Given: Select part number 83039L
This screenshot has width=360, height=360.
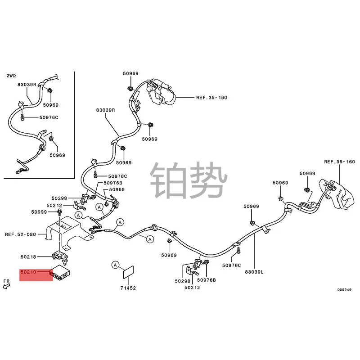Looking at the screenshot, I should coord(254,272).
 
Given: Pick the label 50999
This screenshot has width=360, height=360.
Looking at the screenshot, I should coord(39,212).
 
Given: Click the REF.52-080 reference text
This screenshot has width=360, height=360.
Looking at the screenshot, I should coord(21,234).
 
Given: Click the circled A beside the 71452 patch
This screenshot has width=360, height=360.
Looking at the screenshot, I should coord(116,265).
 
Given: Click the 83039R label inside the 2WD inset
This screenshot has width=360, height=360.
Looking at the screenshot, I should coord(27,84).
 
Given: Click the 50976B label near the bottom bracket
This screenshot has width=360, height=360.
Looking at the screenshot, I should coord(206,280).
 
